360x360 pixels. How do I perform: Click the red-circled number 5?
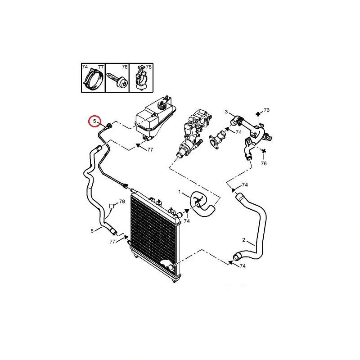(x=94, y=121)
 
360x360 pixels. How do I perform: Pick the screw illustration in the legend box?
(x=117, y=80)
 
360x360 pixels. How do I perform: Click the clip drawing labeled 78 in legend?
(x=141, y=77)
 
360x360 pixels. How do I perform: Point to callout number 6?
(x=92, y=231)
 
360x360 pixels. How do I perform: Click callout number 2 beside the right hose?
(x=243, y=240)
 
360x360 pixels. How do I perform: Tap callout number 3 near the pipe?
(x=226, y=112)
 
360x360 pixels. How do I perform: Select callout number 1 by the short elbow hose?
(x=180, y=192)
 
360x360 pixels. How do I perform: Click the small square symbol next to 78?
(x=111, y=206)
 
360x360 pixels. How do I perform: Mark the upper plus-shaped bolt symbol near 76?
(x=258, y=114)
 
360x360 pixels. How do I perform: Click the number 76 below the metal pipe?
(x=264, y=163)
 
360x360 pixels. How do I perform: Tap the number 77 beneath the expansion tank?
(x=150, y=150)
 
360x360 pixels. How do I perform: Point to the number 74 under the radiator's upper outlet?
(x=187, y=221)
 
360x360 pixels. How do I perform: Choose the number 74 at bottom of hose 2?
(x=243, y=266)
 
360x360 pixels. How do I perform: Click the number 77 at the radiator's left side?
(x=112, y=242)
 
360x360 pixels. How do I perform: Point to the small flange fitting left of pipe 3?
(x=218, y=139)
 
